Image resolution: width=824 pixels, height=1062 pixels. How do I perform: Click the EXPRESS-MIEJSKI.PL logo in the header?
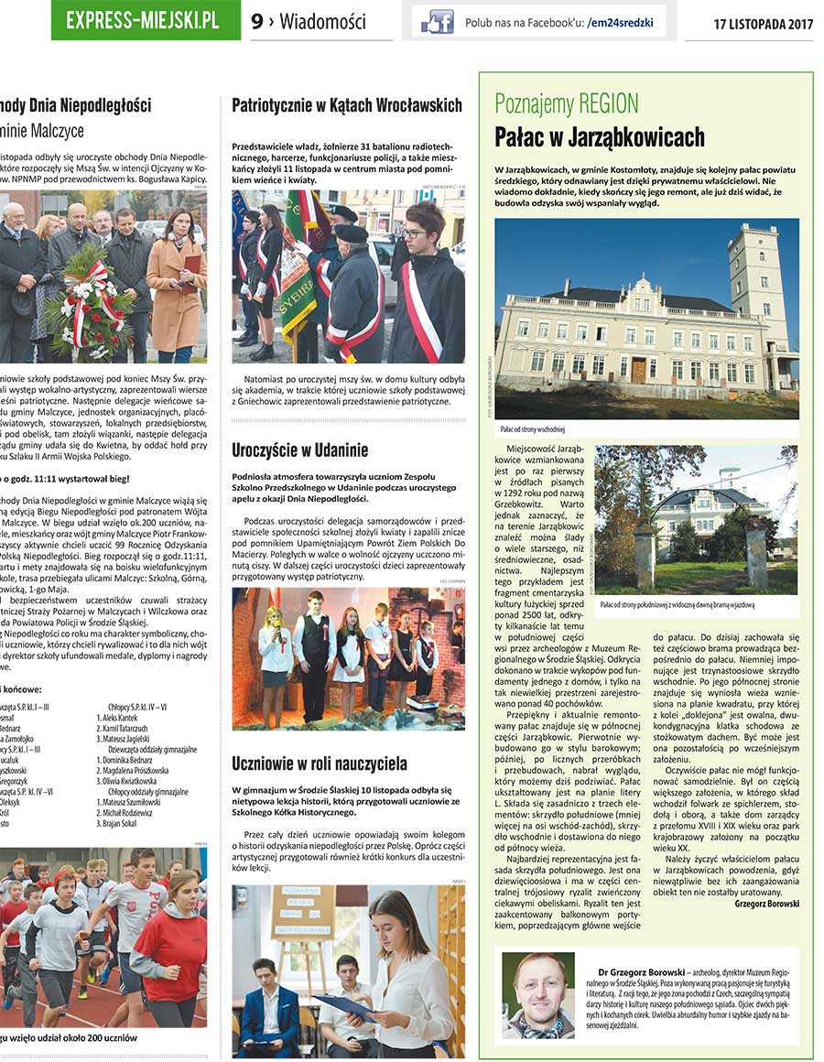click(x=143, y=20)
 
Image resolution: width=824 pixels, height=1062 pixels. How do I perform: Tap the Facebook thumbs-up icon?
click(x=437, y=22)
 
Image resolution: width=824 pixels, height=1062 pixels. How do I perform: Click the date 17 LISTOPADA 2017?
click(x=763, y=24)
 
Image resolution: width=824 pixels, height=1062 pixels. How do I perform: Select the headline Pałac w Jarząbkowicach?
click(x=600, y=138)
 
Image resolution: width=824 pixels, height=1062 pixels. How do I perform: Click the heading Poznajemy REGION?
click(x=567, y=103)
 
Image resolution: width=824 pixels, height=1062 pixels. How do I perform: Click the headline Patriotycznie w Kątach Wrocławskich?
click(x=347, y=105)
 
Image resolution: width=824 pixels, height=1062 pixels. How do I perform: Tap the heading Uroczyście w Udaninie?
click(x=300, y=450)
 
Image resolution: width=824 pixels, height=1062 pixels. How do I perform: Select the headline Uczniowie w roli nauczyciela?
click(x=320, y=762)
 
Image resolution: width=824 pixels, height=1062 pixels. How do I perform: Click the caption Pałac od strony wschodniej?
click(x=533, y=428)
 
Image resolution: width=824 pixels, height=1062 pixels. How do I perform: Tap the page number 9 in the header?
click(x=257, y=21)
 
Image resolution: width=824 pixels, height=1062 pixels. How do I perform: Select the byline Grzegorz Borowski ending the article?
click(x=766, y=903)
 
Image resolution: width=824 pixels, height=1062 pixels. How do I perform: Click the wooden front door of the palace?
click(x=639, y=369)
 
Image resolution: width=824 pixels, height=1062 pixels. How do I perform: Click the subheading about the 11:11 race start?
click(x=64, y=478)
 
